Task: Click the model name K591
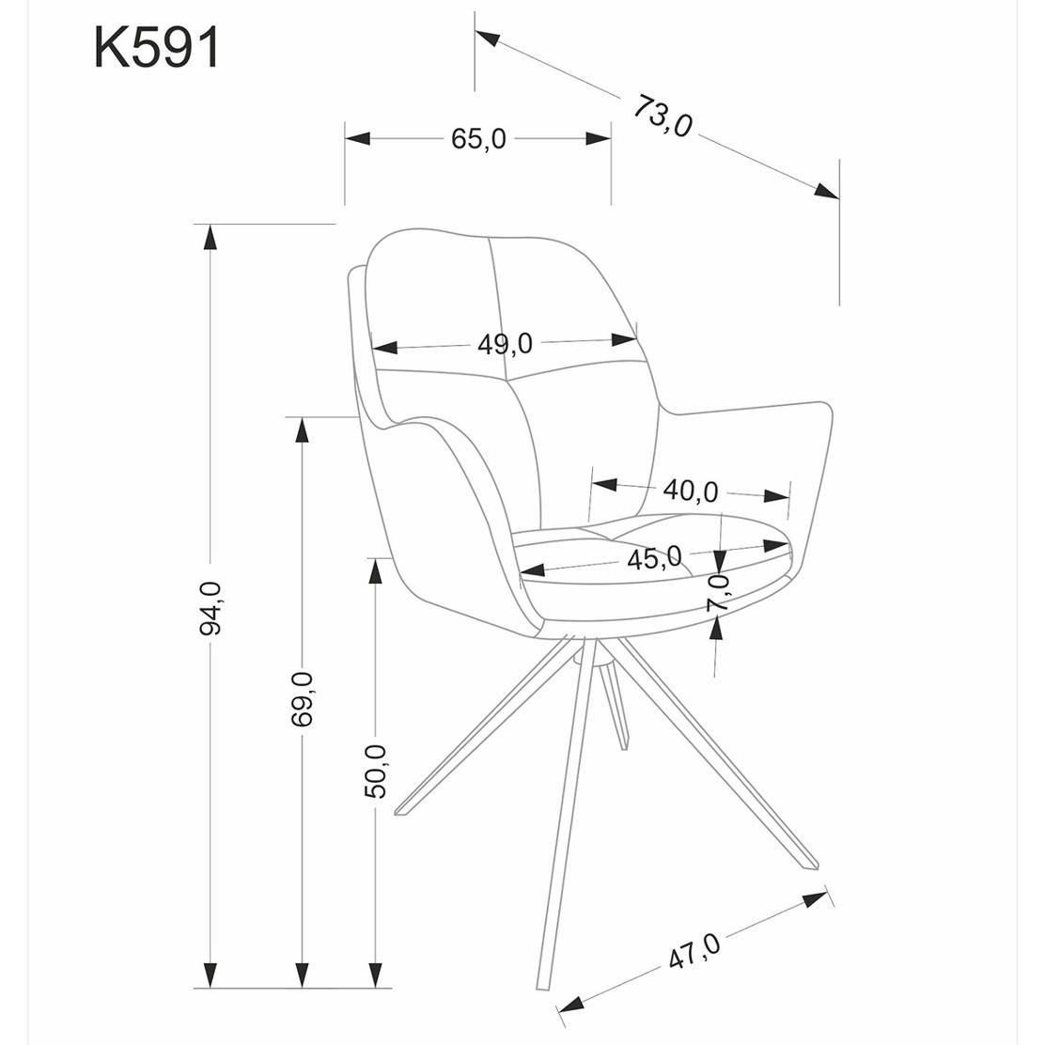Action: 157,48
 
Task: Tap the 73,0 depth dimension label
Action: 663,116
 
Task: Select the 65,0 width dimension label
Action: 477,139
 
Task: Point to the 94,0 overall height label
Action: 211,608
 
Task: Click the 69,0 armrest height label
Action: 302,698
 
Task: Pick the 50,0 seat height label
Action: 375,772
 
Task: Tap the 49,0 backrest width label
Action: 506,344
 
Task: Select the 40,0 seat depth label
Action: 691,491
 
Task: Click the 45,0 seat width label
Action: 654,558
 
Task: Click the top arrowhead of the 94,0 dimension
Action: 211,237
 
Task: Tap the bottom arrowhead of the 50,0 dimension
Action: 375,975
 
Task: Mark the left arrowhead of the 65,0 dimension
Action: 357,139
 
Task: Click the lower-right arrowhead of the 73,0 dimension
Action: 827,191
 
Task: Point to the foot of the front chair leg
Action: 543,987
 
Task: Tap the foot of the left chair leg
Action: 400,811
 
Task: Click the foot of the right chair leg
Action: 811,865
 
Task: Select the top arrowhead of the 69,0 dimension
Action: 302,429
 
